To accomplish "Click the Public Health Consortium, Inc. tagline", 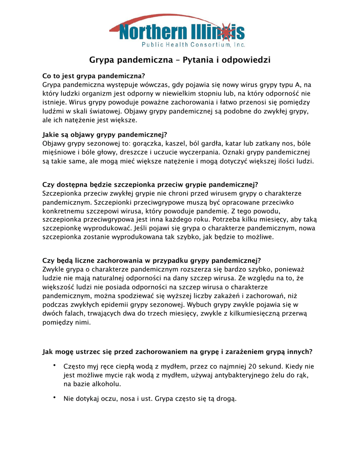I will click(x=193, y=45).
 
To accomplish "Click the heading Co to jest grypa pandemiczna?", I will click(x=94, y=76).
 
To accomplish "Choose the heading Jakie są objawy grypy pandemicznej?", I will click(x=105, y=135).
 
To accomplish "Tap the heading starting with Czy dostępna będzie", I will click(x=150, y=184).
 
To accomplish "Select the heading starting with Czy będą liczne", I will click(x=152, y=260).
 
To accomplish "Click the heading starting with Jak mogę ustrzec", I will click(x=177, y=352).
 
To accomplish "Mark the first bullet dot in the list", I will click(x=54, y=365).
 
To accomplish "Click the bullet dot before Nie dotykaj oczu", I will click(x=54, y=398).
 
